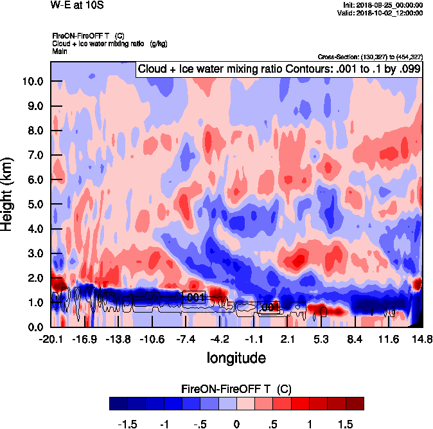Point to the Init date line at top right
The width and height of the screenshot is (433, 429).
coord(384,5)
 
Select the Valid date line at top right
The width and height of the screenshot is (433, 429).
coord(384,12)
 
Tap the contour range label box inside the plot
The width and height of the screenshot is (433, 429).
coord(278,69)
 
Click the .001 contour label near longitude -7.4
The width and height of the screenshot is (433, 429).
coord(193,297)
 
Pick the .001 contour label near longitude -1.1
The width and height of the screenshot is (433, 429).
coord(268,307)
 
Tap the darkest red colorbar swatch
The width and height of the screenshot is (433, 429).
coord(355,403)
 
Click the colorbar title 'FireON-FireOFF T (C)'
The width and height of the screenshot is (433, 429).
coord(236,388)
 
